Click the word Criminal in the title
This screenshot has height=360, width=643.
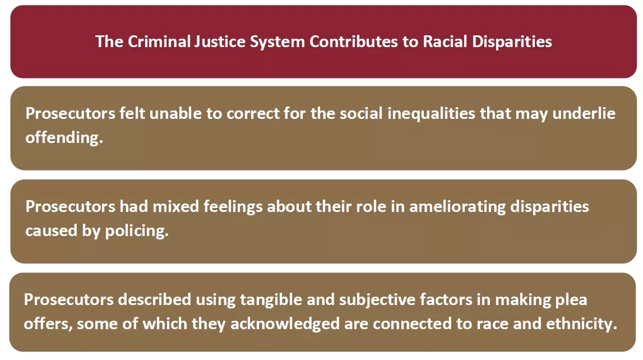click(160, 41)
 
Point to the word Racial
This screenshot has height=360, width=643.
click(445, 41)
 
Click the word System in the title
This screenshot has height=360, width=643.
click(277, 42)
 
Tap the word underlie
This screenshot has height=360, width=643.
click(584, 113)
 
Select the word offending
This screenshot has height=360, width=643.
click(64, 138)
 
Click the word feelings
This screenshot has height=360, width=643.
click(233, 207)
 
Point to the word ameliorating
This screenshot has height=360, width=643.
click(457, 207)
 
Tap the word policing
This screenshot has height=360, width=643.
click(137, 231)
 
